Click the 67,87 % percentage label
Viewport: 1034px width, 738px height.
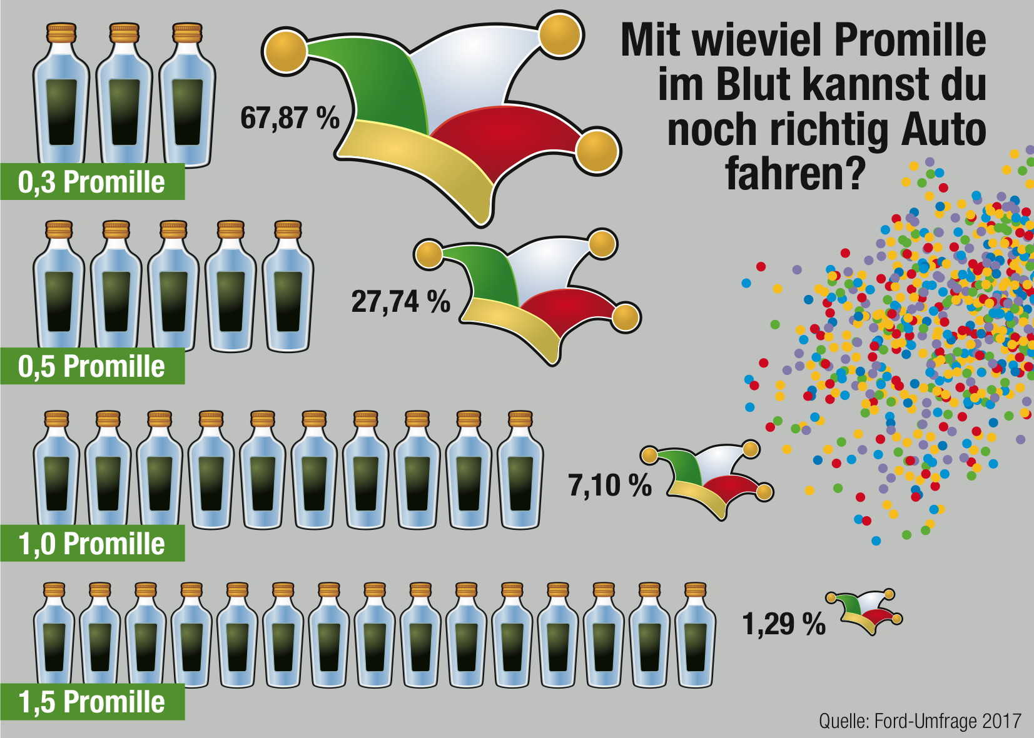(290, 117)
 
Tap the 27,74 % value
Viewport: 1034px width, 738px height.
(400, 301)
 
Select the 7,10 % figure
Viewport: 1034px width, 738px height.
(609, 485)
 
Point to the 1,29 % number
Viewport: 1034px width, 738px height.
(783, 624)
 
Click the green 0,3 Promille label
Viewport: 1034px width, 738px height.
(92, 182)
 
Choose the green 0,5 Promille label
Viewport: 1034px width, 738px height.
(92, 366)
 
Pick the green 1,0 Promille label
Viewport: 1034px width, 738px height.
(92, 544)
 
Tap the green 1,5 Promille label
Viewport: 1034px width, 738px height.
(92, 702)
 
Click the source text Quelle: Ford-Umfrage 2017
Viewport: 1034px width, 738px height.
(920, 721)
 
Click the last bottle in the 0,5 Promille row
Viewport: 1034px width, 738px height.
(288, 294)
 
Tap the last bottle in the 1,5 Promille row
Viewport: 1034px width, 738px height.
(696, 641)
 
